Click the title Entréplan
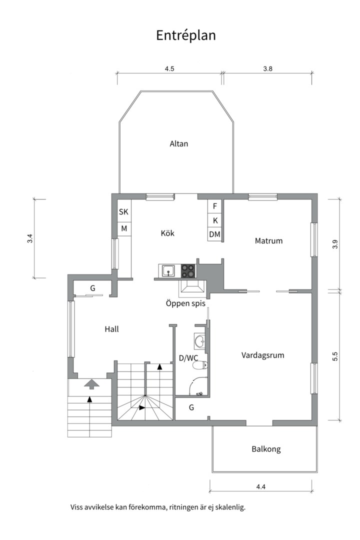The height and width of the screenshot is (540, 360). tap(185, 35)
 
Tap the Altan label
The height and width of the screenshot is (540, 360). tap(179, 143)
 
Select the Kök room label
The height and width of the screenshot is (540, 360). tap(167, 233)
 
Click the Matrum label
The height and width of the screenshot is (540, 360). tap(268, 240)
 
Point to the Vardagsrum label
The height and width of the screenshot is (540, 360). tap(263, 355)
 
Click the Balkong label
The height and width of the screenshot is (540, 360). tap(266, 449)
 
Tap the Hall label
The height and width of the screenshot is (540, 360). tap(111, 329)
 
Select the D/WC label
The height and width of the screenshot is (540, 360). tap(188, 358)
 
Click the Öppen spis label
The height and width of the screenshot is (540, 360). tap(185, 303)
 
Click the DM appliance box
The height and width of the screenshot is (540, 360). tap(214, 234)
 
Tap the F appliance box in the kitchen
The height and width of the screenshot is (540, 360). tap(214, 206)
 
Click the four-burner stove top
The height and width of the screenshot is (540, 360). tap(188, 270)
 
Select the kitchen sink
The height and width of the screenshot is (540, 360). tap(168, 270)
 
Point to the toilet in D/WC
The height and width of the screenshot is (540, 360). tap(200, 365)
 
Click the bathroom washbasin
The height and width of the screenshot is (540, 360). tap(199, 342)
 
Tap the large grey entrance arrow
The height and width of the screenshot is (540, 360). tap(91, 384)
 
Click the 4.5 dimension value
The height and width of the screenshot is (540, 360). tap(169, 68)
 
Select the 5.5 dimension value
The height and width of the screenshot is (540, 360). tap(335, 356)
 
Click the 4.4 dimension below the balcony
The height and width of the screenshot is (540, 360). tap(261, 486)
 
